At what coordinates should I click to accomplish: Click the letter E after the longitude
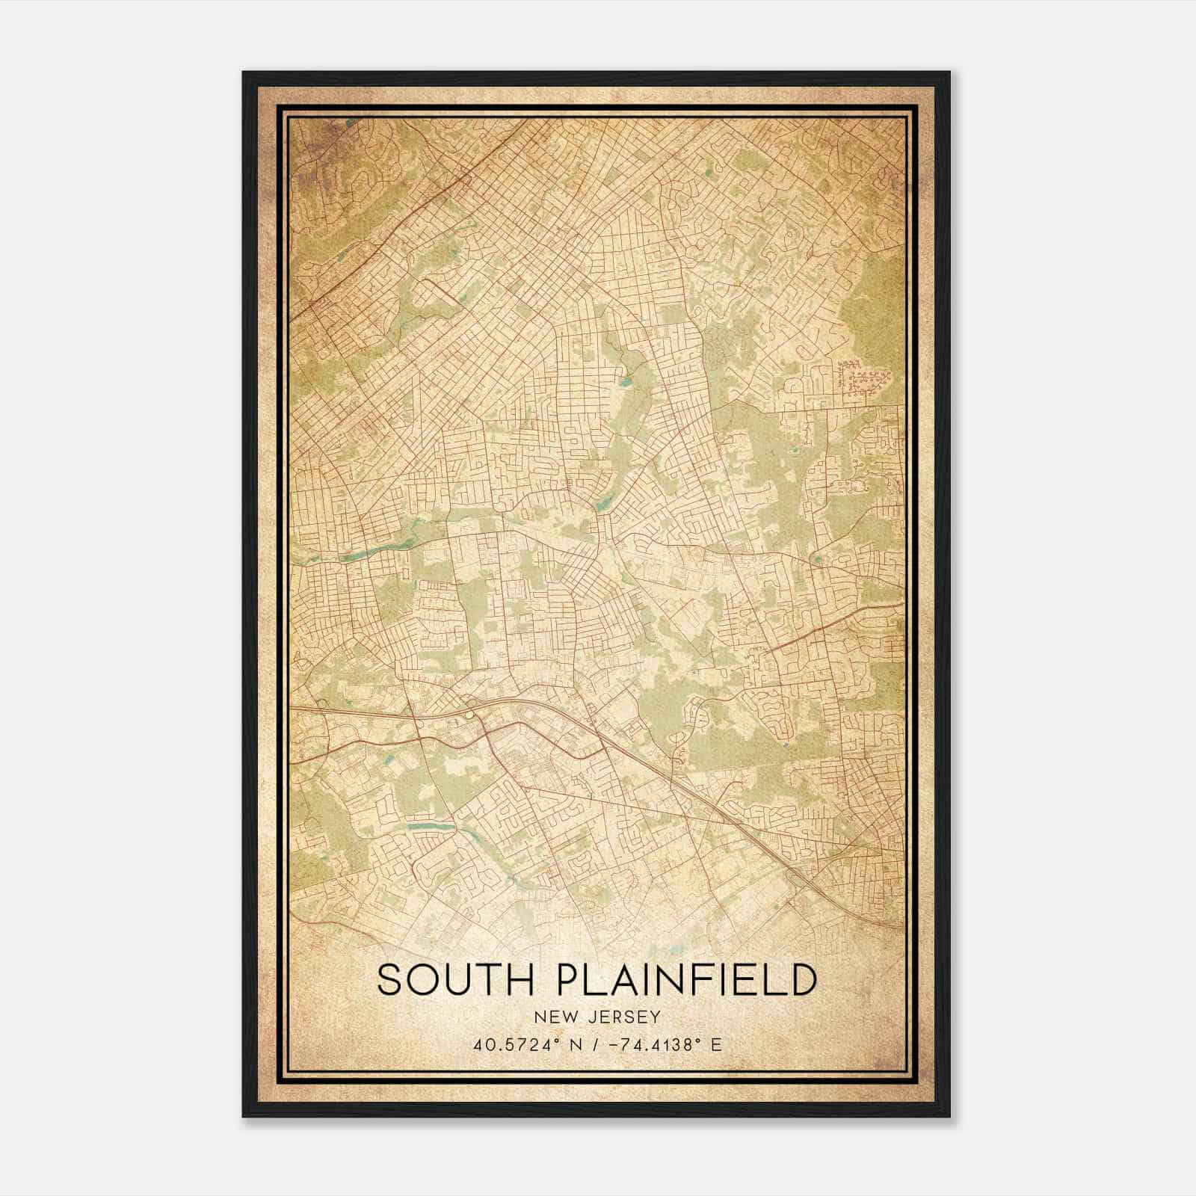[x=716, y=1045]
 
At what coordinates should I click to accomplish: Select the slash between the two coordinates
[x=594, y=1045]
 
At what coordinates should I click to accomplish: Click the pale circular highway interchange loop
[x=469, y=715]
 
